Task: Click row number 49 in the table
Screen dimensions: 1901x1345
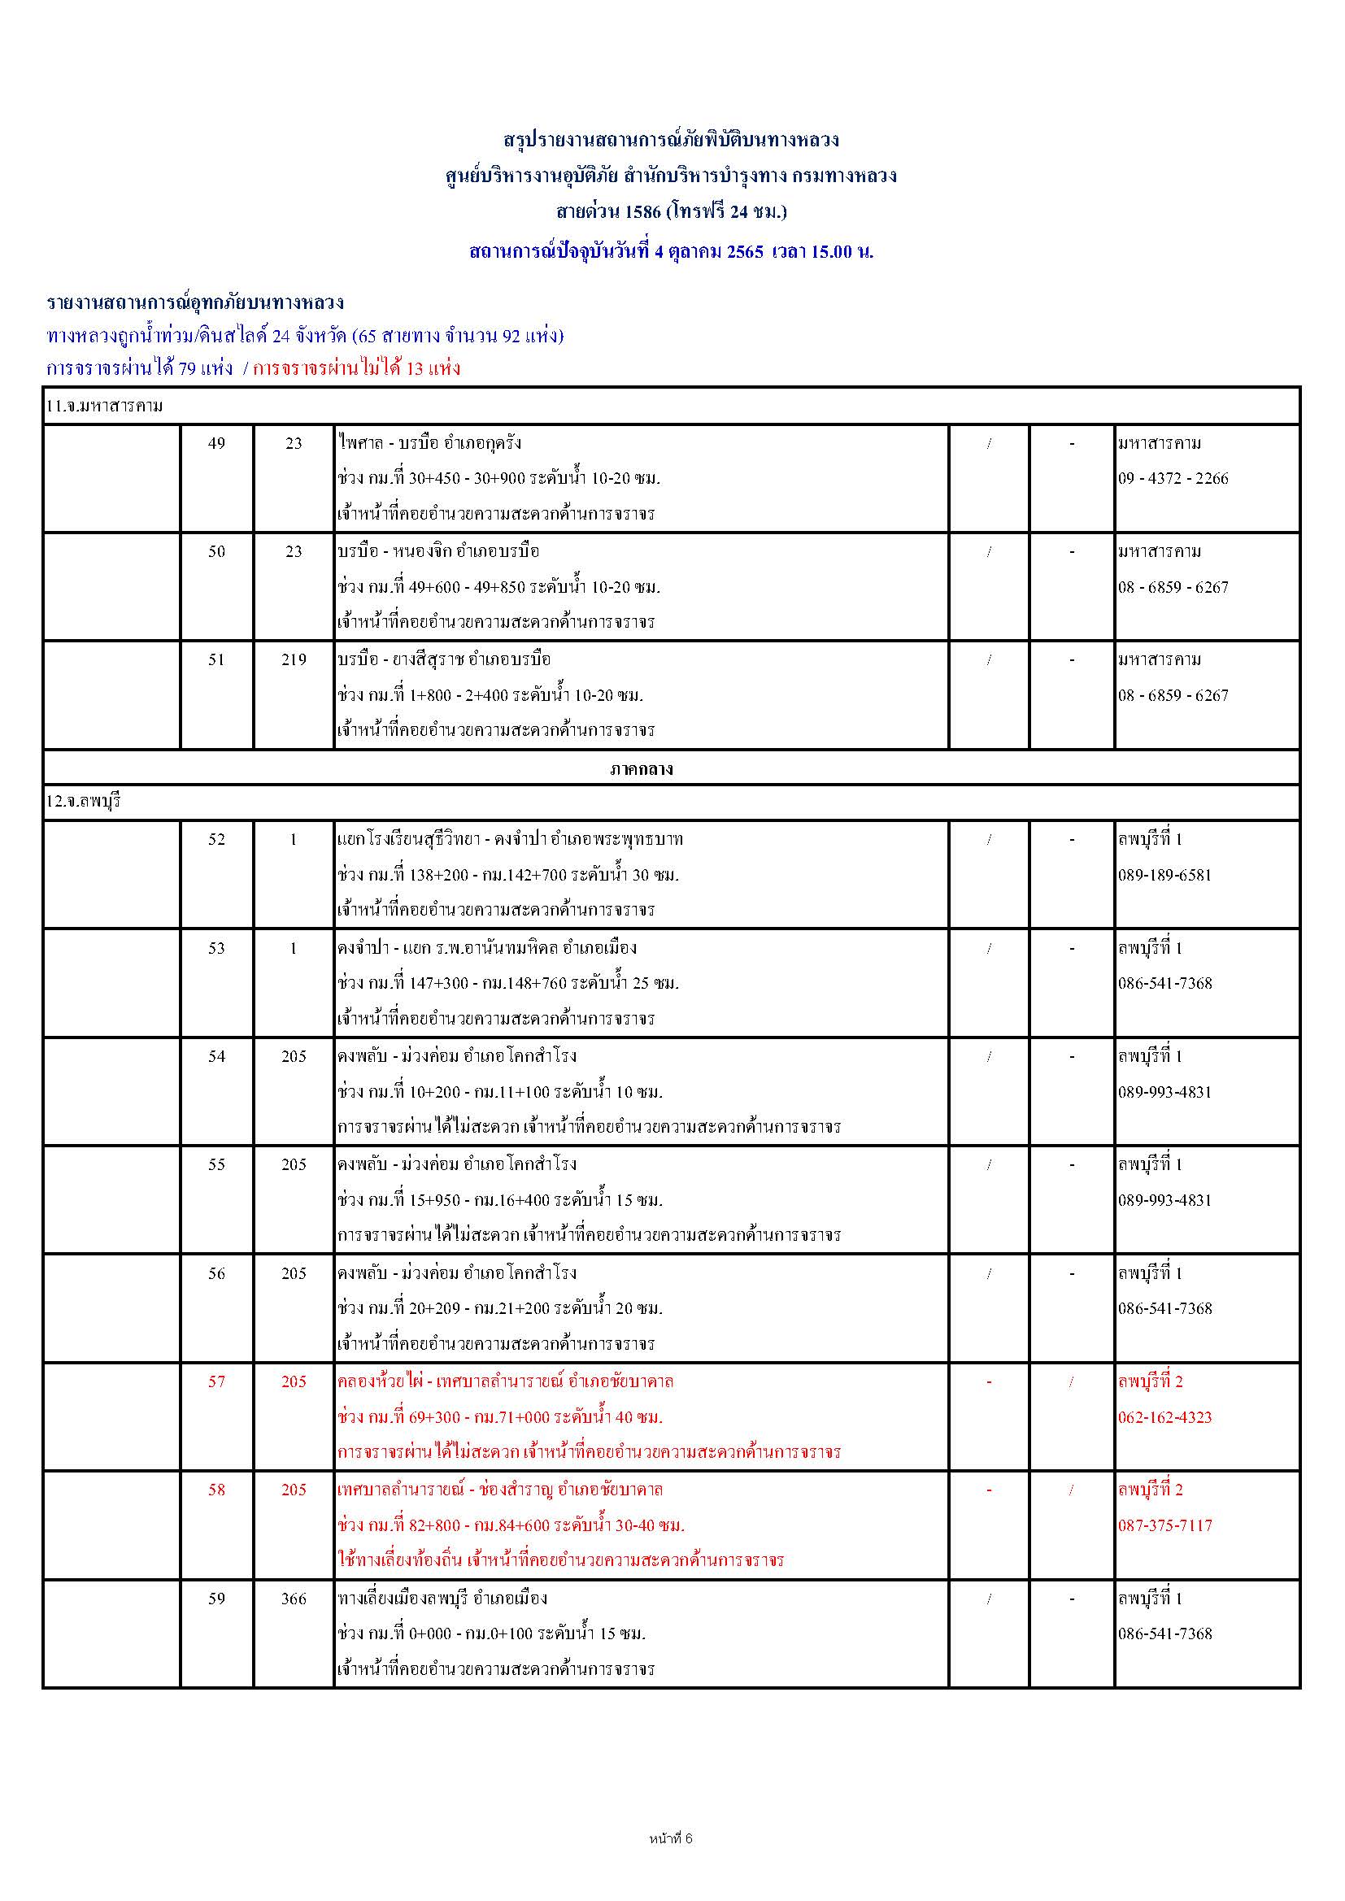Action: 216,443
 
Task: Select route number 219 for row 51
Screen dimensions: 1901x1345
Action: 294,660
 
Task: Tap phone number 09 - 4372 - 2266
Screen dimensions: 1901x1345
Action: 1173,479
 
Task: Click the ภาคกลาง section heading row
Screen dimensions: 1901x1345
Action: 641,769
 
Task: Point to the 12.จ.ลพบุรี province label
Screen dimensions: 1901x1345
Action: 84,802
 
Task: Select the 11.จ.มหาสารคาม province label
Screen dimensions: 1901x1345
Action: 103,406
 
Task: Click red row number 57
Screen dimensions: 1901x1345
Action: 216,1381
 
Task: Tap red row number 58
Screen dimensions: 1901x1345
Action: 216,1490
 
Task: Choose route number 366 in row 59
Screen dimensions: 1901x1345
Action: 294,1599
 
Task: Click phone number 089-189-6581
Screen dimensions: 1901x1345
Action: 1164,875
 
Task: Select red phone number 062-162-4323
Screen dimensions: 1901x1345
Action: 1164,1417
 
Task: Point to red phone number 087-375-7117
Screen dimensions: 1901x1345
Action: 1164,1525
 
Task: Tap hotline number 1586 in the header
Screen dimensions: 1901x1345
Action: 642,212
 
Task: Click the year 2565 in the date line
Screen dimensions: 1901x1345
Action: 745,252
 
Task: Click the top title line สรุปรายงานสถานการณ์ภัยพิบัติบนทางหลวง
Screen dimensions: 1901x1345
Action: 671,139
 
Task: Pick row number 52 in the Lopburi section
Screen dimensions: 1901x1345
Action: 216,839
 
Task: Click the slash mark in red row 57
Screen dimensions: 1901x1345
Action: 1071,1381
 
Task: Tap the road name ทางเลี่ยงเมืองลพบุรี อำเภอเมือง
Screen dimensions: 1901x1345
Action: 442,1599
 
